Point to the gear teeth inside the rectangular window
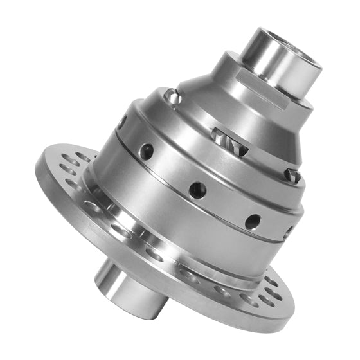(221, 136)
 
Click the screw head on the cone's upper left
(170, 96)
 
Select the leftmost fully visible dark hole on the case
(147, 152)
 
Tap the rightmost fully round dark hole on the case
(253, 221)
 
